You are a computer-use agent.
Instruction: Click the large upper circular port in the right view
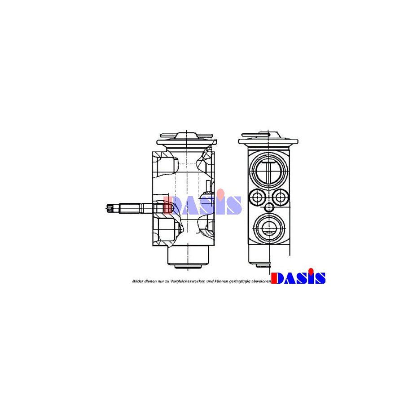click(x=268, y=168)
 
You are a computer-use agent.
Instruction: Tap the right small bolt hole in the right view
click(x=280, y=196)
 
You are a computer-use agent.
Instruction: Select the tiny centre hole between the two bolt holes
click(x=269, y=207)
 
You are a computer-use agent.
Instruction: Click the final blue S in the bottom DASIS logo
click(x=319, y=278)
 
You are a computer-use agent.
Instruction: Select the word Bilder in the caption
click(x=137, y=281)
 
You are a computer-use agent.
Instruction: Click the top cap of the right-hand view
click(x=268, y=136)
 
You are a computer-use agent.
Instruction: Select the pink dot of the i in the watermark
click(x=221, y=193)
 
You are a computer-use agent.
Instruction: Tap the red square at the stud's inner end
click(x=167, y=207)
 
